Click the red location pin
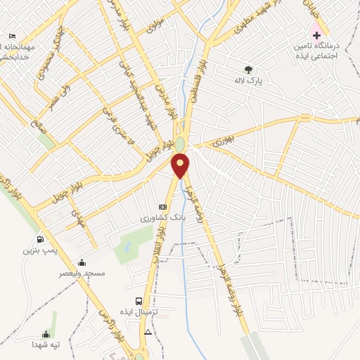click(181, 166)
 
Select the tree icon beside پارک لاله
click(248, 69)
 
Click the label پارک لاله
click(248, 81)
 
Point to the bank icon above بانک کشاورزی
click(163, 207)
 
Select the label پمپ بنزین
click(39, 250)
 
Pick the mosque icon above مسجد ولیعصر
click(82, 262)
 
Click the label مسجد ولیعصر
click(83, 273)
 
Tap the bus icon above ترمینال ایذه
click(139, 301)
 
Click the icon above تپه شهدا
click(46, 334)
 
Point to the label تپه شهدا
click(46, 345)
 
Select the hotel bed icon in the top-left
click(12, 36)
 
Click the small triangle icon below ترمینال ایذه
click(148, 330)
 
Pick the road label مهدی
click(78, 219)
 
